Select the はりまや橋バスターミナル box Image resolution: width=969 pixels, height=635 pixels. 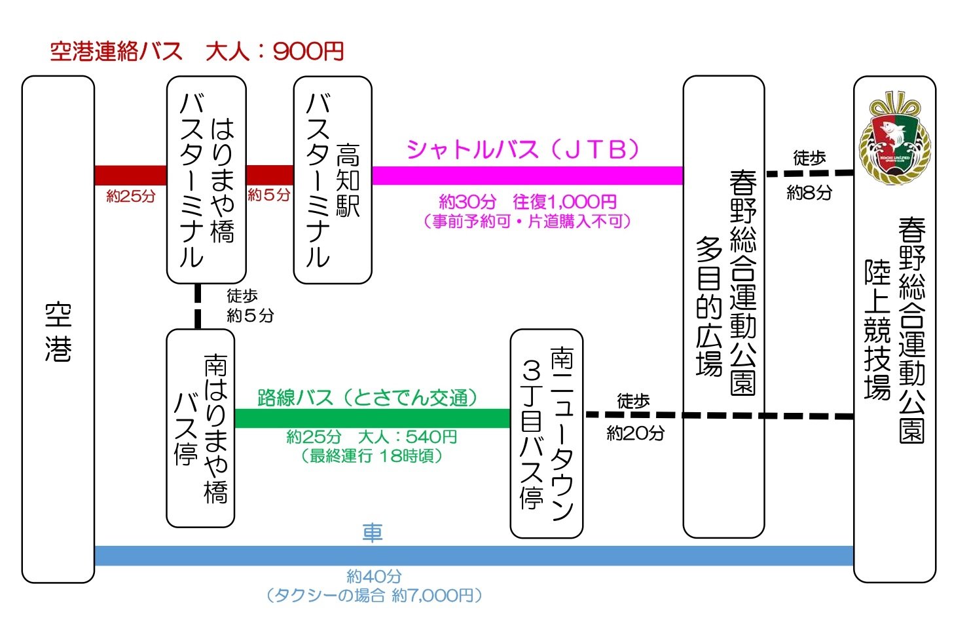(x=206, y=180)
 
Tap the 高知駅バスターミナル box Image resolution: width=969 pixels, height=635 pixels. (x=332, y=180)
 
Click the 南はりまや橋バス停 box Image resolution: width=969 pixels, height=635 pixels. (x=200, y=428)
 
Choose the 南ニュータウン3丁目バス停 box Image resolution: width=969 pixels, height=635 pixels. (x=546, y=433)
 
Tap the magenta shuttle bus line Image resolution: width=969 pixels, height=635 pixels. (x=527, y=176)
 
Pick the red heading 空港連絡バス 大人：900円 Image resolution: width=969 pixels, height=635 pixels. (x=197, y=51)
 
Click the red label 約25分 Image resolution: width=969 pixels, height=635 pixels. (x=131, y=196)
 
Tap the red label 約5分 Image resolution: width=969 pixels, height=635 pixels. (x=269, y=195)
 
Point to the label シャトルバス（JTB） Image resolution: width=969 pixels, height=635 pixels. (x=522, y=150)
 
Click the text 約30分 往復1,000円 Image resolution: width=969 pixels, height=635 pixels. (x=528, y=201)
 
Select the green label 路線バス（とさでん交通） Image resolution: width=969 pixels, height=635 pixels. (x=367, y=397)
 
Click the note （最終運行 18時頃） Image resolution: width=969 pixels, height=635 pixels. (x=372, y=455)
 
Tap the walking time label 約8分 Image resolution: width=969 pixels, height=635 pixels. (x=809, y=193)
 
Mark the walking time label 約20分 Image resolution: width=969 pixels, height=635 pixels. (x=635, y=433)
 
